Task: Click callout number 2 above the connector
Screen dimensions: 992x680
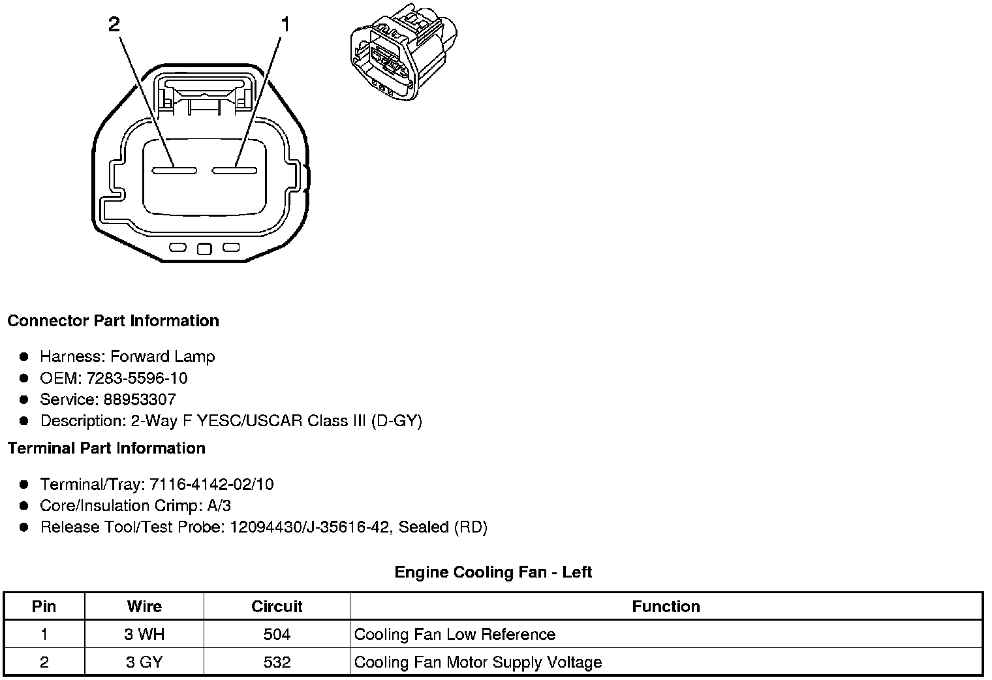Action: [114, 25]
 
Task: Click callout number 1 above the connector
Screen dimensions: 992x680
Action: [285, 25]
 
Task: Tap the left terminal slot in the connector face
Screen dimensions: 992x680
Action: [174, 171]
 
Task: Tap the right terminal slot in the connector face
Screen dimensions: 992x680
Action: [234, 171]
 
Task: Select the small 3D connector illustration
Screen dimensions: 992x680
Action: [403, 52]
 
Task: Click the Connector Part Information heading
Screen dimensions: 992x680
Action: [113, 321]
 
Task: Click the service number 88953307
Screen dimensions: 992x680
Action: [139, 399]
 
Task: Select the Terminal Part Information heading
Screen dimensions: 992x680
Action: [106, 448]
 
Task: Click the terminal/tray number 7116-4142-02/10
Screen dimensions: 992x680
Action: [211, 484]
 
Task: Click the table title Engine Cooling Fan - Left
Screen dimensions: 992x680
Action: [493, 572]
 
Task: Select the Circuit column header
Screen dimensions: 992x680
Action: [277, 606]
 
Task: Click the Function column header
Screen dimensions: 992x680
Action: [666, 606]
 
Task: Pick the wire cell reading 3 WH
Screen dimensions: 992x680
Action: [144, 634]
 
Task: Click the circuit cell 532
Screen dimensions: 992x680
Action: [277, 662]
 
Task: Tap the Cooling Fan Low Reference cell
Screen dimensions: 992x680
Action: [455, 634]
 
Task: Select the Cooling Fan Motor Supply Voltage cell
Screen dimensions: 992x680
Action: [478, 662]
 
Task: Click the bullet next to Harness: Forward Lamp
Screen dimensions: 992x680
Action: [24, 356]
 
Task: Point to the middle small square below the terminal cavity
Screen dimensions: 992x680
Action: [204, 249]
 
